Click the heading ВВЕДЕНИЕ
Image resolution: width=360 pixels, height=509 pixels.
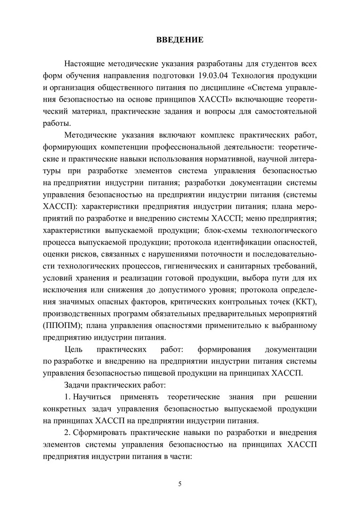click(180, 40)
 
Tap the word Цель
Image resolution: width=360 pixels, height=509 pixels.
click(74, 350)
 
